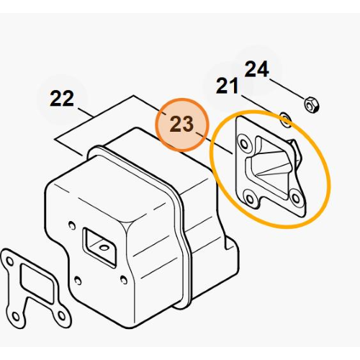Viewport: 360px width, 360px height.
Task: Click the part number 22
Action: [62, 98]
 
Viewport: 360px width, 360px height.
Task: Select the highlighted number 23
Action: [181, 124]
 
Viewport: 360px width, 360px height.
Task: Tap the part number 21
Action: [227, 86]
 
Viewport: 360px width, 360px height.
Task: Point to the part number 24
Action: [256, 69]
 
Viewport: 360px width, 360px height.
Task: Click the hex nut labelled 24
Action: [312, 104]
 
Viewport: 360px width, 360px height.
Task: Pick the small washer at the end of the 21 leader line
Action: [286, 120]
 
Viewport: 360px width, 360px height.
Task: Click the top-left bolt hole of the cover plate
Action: [244, 144]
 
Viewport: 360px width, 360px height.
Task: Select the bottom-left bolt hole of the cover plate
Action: [250, 199]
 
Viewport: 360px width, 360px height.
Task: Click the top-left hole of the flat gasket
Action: [9, 261]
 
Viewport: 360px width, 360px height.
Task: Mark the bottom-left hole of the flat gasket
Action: [16, 316]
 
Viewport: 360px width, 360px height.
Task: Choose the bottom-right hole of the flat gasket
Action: [61, 315]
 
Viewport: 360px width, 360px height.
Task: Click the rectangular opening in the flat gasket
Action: [37, 283]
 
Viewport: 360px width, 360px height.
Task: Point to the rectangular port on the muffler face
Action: [99, 247]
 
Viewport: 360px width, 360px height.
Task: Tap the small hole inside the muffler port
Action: [104, 248]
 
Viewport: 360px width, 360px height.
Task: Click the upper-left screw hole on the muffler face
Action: [71, 225]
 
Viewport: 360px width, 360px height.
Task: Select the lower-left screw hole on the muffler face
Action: [77, 280]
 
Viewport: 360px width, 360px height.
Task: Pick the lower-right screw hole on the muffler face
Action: [124, 279]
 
